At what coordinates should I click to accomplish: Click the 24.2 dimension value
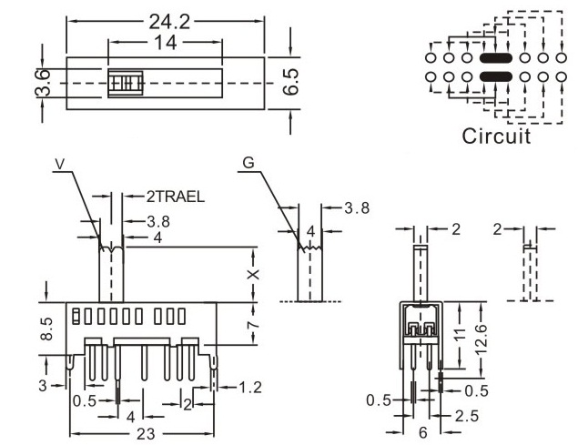(167, 21)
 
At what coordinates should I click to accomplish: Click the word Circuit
(495, 137)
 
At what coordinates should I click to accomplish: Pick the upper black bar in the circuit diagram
(495, 58)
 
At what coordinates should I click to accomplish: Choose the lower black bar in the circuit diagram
(495, 76)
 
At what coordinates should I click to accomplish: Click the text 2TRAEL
(175, 195)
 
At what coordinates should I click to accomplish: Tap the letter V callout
(60, 163)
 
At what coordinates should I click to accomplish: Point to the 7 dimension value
(256, 319)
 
